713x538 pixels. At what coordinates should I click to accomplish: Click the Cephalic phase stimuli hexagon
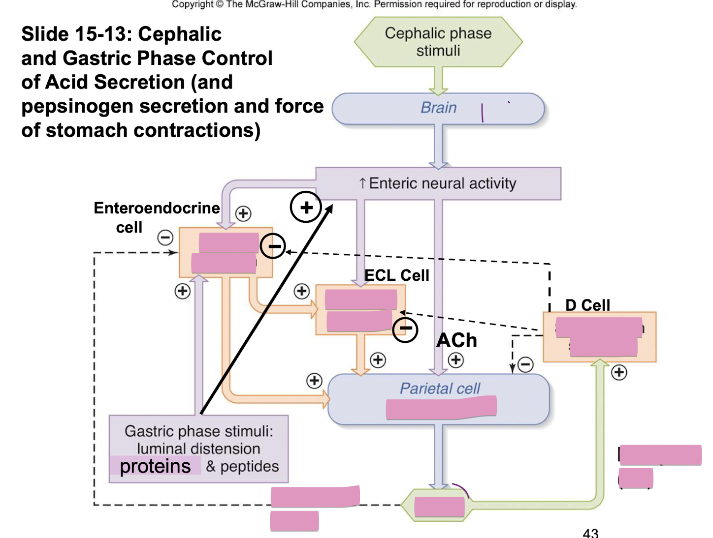(438, 42)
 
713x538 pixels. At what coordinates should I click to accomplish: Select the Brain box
(438, 108)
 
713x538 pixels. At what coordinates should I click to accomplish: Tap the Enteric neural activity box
(438, 183)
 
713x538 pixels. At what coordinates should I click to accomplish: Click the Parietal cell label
(439, 389)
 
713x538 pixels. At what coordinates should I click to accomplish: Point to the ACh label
(456, 340)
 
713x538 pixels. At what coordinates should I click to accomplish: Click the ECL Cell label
(396, 275)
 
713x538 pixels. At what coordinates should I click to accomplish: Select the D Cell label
(587, 305)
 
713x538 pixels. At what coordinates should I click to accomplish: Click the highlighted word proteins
(155, 466)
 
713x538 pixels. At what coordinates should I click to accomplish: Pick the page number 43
(590, 533)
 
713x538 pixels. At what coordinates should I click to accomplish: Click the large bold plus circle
(306, 207)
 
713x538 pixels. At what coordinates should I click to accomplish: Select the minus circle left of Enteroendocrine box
(165, 238)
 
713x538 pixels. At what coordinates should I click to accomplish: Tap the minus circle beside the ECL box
(405, 329)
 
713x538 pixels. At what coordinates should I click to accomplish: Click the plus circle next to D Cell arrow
(619, 372)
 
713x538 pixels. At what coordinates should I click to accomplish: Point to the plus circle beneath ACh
(456, 360)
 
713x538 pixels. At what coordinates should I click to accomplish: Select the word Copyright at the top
(192, 4)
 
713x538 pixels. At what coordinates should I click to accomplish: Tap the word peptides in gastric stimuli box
(249, 466)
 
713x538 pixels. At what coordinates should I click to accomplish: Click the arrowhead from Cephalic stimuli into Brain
(438, 91)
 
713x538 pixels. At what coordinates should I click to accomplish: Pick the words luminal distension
(198, 448)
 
